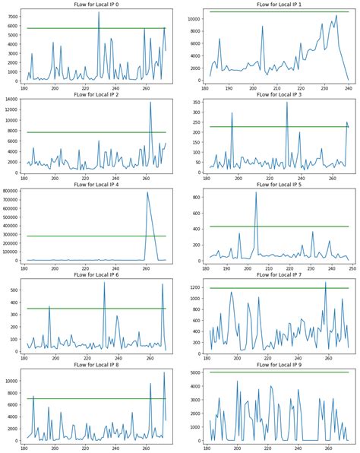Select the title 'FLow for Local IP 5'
coord(276,185)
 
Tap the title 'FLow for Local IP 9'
coord(276,365)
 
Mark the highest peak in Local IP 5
coord(256,192)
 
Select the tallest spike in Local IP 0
coord(99,12)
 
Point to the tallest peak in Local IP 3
coord(287,102)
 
